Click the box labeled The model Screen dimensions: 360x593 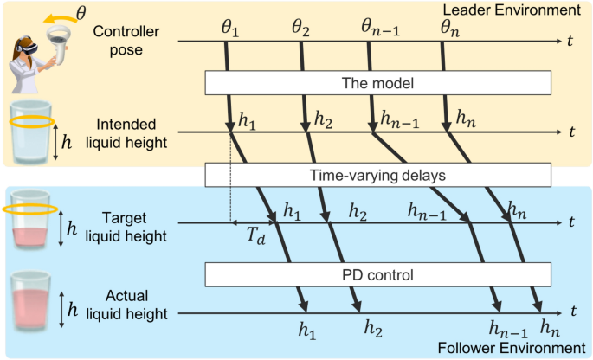[377, 83]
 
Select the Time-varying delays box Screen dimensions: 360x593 [377, 175]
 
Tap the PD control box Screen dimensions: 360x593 [377, 274]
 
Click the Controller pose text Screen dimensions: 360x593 [126, 41]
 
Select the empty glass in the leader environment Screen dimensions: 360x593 [29, 132]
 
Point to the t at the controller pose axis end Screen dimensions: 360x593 [571, 41]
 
